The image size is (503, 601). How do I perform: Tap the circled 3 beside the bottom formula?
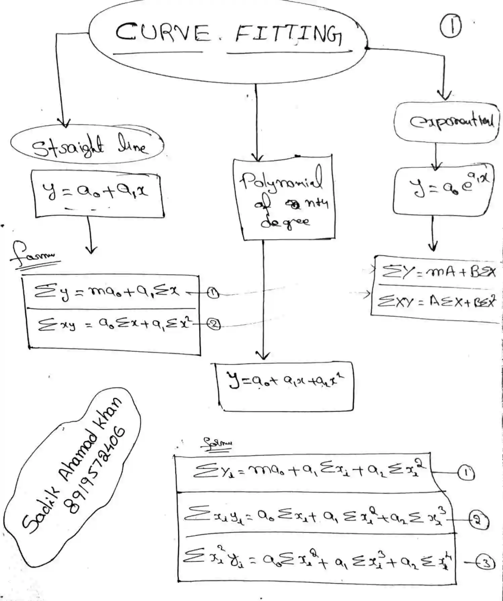point(486,563)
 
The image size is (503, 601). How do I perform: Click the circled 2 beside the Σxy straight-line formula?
point(214,324)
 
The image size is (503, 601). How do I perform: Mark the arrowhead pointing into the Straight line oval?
point(63,123)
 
